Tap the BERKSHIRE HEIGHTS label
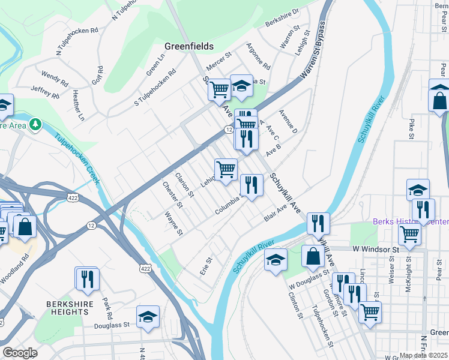click(68, 308)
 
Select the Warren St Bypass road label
click(315, 52)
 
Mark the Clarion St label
click(184, 185)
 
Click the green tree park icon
click(36, 124)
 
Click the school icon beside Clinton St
click(276, 259)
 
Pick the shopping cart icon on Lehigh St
click(226, 169)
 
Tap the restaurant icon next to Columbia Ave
click(251, 185)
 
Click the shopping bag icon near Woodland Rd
click(25, 226)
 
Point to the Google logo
click(20, 352)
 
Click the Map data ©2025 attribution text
click(423, 355)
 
